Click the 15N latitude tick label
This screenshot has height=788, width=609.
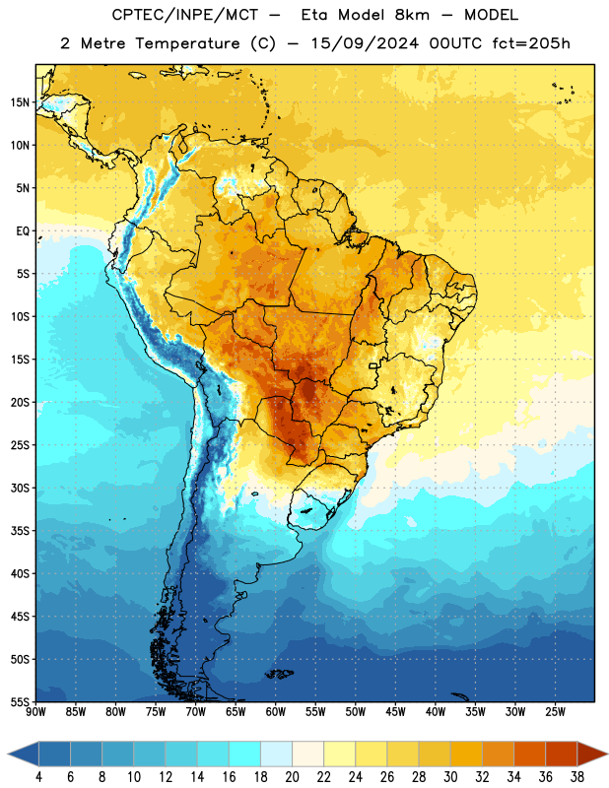coord(20,102)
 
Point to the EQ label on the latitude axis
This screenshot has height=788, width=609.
coord(23,231)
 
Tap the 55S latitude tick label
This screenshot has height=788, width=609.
coord(20,701)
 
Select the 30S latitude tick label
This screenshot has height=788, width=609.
coord(20,488)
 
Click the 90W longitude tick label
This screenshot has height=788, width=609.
coord(36,711)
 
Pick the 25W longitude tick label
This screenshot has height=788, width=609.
coord(555,711)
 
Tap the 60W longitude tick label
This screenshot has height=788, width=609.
coord(276,711)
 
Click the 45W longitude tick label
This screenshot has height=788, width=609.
coord(396,711)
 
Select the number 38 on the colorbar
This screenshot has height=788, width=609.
coord(577,777)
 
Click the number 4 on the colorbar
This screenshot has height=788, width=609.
coord(38,777)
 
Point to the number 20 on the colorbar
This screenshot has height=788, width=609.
coord(292,777)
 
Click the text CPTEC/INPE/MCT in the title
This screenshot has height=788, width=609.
coord(185,15)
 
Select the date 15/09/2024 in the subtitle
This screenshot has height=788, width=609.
coord(365,43)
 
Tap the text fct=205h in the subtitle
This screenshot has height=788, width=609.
coord(531,43)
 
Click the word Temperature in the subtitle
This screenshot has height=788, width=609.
coord(187,44)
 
